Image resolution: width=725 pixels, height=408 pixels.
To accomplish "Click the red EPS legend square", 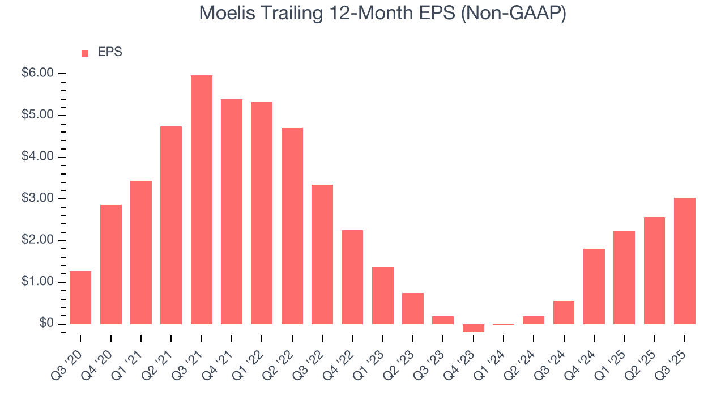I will [x=85, y=53].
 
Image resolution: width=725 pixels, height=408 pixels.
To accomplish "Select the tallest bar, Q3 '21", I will [x=202, y=199].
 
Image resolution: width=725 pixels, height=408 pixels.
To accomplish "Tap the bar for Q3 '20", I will [x=80, y=297].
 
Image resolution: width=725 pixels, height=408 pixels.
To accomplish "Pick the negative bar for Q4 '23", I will [x=474, y=328].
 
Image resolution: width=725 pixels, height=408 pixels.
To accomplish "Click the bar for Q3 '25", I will [x=685, y=261].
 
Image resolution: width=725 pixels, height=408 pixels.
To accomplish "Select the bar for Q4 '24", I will [x=594, y=286].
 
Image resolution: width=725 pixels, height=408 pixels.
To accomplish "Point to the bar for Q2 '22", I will [x=292, y=226].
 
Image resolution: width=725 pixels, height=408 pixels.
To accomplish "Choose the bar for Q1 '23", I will [x=383, y=295].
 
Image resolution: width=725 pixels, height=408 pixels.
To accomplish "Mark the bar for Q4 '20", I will [x=111, y=264].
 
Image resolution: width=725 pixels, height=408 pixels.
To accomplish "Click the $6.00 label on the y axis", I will [x=38, y=74].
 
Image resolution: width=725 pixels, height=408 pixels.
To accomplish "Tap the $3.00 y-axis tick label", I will [x=38, y=199].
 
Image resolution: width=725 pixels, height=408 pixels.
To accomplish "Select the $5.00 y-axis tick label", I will [x=38, y=116].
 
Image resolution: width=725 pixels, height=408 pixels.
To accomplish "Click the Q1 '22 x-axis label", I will [x=249, y=357].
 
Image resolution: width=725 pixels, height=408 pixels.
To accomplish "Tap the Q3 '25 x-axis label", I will [x=672, y=357].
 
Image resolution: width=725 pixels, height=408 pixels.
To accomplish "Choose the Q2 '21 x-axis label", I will [x=159, y=357].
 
